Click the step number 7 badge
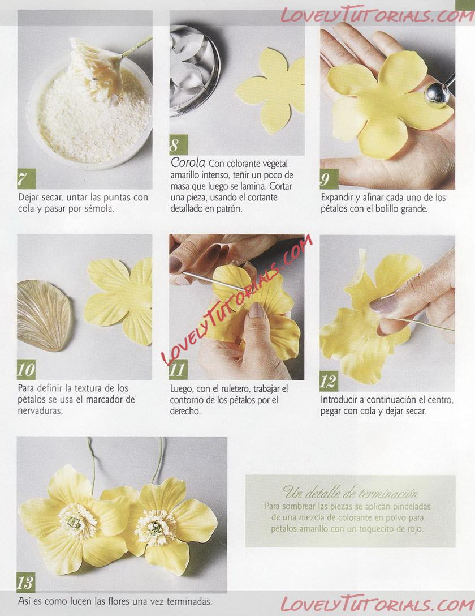click(26, 179)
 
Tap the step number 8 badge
click(179, 144)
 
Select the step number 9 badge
click(329, 179)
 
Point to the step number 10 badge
click(26, 370)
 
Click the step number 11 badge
click(178, 370)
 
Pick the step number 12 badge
click(329, 381)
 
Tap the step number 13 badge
click(26, 583)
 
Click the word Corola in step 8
click(188, 162)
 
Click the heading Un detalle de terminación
click(350, 492)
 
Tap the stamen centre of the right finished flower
click(156, 528)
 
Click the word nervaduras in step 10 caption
click(40, 411)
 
